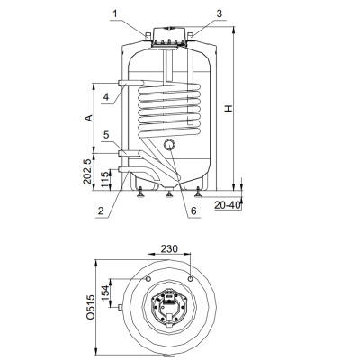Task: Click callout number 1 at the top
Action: point(116,13)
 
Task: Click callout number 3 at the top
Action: point(220,13)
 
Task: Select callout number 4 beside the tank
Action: point(105,97)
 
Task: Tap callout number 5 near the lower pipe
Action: point(106,135)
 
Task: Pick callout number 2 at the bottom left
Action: point(101,211)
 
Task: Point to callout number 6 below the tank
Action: point(193,211)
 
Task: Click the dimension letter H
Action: point(229,108)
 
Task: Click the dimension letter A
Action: point(88,118)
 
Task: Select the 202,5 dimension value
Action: point(88,172)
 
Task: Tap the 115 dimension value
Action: point(105,180)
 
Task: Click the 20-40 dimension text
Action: point(228,205)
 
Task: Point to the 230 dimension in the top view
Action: point(169,248)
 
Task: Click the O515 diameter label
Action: point(90,307)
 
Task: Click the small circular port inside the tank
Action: point(169,145)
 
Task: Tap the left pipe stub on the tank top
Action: point(148,36)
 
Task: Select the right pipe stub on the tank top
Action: point(191,36)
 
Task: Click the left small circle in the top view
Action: point(148,279)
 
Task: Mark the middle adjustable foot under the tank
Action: point(169,193)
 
